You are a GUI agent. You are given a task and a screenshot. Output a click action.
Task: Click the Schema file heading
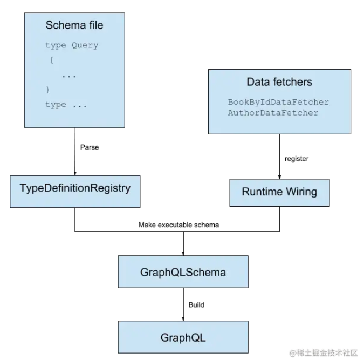click(x=74, y=25)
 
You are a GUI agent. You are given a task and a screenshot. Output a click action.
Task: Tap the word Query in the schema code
click(x=85, y=45)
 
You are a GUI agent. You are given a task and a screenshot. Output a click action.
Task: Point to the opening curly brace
click(x=52, y=60)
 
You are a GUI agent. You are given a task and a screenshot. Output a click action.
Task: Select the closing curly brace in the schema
click(x=47, y=90)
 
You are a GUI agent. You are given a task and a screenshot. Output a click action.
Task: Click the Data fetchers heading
click(x=279, y=82)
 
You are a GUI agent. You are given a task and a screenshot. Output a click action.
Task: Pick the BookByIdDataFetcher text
click(x=278, y=102)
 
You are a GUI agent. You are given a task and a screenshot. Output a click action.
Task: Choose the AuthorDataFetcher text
click(x=273, y=113)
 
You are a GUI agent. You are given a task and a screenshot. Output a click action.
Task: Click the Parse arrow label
click(x=90, y=147)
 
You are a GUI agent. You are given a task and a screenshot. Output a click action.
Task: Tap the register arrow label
click(x=297, y=159)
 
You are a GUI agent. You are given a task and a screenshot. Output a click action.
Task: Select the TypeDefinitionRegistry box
click(x=75, y=192)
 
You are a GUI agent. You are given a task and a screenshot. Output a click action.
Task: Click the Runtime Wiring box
click(x=279, y=193)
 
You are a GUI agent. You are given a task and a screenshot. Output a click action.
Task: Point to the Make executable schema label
click(x=178, y=225)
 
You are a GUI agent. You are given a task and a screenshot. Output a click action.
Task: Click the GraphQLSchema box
click(x=183, y=271)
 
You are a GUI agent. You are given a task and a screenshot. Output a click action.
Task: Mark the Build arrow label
click(x=196, y=305)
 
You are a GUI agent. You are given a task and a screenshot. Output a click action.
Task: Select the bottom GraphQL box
click(x=183, y=337)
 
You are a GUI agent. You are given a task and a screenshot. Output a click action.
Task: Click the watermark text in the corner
click(x=324, y=352)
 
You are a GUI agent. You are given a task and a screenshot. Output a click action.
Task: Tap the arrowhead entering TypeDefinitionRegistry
click(x=75, y=174)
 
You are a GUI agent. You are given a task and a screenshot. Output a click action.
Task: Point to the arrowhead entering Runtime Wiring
click(x=279, y=177)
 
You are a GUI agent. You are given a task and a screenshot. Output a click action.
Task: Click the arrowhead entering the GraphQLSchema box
click(x=183, y=254)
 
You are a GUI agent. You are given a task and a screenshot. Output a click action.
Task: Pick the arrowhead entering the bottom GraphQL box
click(x=183, y=319)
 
